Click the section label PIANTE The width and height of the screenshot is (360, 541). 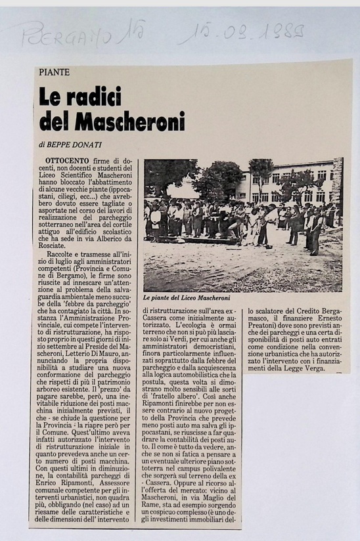click(54, 73)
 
